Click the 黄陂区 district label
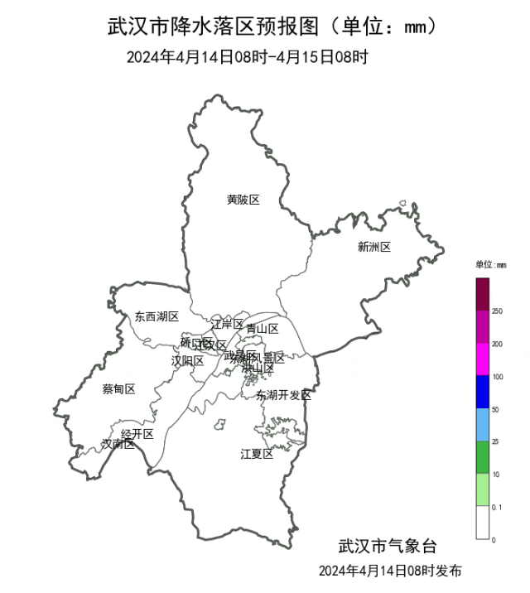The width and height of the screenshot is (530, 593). coord(243,200)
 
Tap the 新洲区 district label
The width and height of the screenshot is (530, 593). coord(374,246)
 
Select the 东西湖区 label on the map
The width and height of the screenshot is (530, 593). coord(157,316)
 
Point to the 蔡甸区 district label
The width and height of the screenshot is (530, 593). coord(118,389)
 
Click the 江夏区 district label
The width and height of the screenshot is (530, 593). coord(257,454)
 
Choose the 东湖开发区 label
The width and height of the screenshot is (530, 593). coord(283,395)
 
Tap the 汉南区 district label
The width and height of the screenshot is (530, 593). coord(118,444)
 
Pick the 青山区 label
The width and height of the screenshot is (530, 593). coord(263,329)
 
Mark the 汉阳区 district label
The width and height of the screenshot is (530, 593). coord(187,360)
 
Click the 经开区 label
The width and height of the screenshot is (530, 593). coord(137,434)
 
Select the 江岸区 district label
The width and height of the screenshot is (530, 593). coord(227,324)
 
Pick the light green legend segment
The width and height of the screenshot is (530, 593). coord(482,490)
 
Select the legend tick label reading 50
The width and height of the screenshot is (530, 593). coord(496,409)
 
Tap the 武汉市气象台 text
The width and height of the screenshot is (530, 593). coord(386,547)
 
